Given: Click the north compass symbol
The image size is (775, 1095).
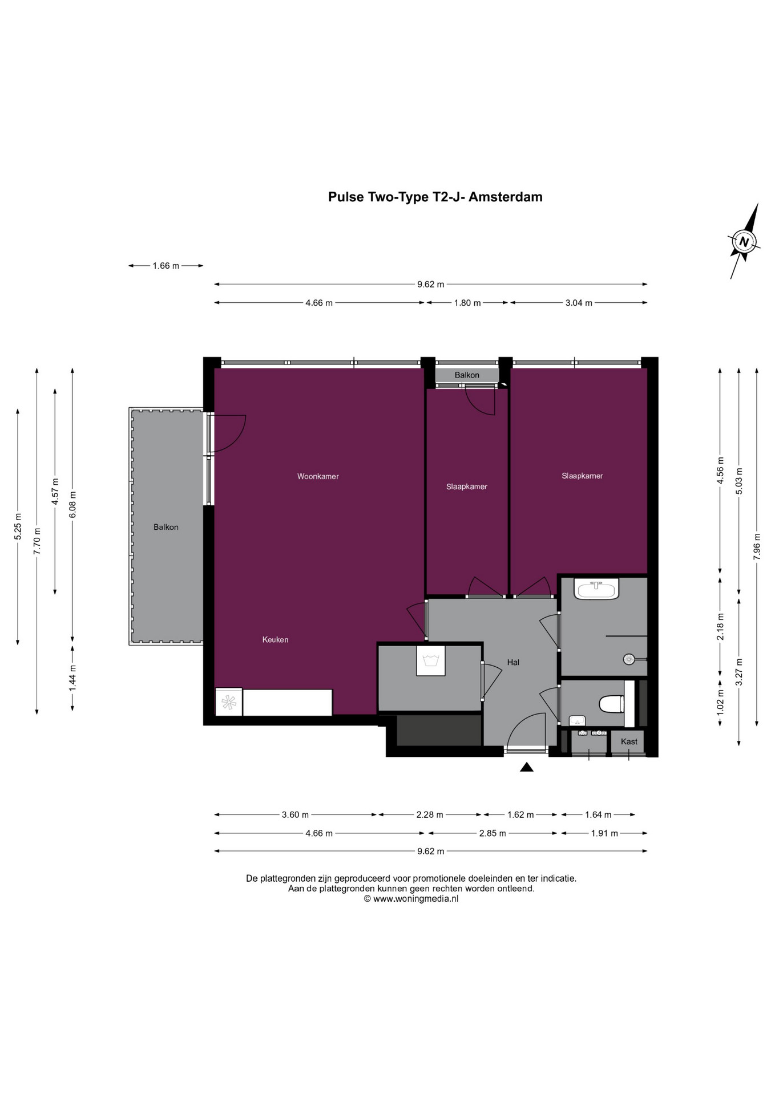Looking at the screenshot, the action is (744, 241).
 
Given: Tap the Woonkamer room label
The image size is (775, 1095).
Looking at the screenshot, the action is (318, 476).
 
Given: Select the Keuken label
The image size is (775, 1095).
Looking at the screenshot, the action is (275, 640).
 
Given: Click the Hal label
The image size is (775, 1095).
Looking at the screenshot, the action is (513, 662).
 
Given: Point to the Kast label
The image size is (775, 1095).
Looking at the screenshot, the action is (629, 741).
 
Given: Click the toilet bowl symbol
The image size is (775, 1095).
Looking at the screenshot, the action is (611, 704).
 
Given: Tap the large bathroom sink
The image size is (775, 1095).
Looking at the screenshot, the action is (596, 589).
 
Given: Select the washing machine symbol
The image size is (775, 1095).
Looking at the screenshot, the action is (430, 660).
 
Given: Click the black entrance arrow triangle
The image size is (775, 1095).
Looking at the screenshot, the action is (526, 768).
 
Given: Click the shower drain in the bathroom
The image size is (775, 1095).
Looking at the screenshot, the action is (629, 659).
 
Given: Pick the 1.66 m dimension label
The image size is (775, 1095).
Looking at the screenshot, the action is (166, 266).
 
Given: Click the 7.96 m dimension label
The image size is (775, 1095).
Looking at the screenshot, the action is (757, 546).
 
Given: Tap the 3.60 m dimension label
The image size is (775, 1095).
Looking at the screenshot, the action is (295, 814).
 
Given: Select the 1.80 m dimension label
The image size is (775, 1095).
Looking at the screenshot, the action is (467, 303).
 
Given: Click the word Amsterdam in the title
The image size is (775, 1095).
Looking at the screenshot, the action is (505, 197).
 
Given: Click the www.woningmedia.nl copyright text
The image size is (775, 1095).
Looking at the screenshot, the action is (411, 899).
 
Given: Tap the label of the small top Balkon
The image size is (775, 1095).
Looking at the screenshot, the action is (467, 375).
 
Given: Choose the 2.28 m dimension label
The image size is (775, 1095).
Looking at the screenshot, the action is (430, 814).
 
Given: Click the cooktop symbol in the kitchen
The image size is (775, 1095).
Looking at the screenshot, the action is (229, 703).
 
